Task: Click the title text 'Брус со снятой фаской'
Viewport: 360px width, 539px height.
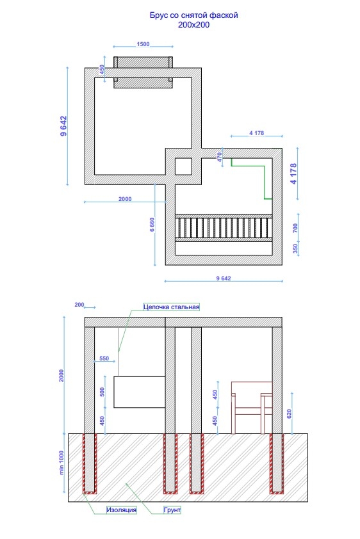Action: click(193, 15)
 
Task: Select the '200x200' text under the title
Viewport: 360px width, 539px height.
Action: click(193, 25)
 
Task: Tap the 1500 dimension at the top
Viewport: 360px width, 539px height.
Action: click(143, 44)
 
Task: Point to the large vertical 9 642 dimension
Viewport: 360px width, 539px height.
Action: click(63, 126)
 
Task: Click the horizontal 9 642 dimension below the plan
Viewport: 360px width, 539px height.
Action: click(224, 278)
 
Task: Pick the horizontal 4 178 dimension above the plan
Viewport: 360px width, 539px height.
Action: click(256, 133)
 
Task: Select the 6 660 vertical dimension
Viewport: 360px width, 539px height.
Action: click(152, 225)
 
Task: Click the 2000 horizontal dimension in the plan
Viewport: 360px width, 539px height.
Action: click(125, 198)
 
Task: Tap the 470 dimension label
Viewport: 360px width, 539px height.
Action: click(219, 157)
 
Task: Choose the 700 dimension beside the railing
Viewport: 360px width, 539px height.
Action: click(295, 228)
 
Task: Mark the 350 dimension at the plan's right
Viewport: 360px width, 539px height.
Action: click(295, 248)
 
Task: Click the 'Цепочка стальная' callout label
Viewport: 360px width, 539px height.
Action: click(171, 307)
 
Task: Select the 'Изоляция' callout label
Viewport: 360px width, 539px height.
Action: click(121, 510)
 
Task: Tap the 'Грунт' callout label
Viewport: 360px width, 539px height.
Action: click(172, 510)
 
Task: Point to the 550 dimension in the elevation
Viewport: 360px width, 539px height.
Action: click(104, 358)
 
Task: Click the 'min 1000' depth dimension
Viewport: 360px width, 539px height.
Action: click(62, 463)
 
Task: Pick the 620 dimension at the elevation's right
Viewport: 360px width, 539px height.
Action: click(289, 414)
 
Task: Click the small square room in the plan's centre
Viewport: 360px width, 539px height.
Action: click(183, 166)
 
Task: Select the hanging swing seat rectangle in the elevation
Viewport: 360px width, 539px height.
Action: click(140, 392)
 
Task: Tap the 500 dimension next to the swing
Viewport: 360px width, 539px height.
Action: click(102, 392)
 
